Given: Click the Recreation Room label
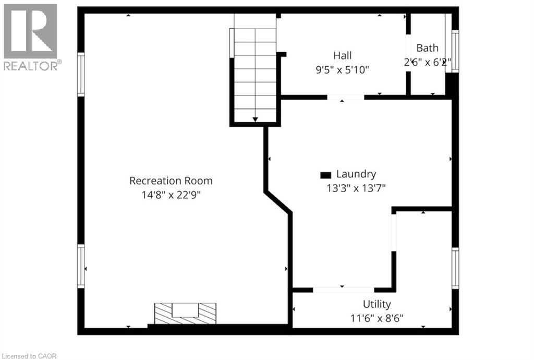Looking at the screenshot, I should point(171,181).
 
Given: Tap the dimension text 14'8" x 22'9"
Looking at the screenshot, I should point(171,195).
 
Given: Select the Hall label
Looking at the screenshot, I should point(343,55).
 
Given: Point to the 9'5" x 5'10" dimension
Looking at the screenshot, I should point(343,69).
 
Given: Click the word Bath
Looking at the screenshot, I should point(427,48).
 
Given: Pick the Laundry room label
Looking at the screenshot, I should point(356,174).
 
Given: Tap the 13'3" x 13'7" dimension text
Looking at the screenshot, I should point(356,188).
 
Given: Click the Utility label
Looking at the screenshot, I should point(377,304).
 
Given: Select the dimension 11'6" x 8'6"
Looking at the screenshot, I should point(377,318).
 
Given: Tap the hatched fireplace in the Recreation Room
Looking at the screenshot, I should point(185,313).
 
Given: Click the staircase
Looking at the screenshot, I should point(254,68).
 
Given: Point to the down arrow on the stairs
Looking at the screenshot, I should point(255,119).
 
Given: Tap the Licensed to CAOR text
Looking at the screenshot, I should point(29,356).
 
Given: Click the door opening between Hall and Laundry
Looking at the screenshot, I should point(345,97).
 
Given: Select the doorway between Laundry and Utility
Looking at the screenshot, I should point(343,290).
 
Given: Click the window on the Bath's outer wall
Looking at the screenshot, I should point(455,51).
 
